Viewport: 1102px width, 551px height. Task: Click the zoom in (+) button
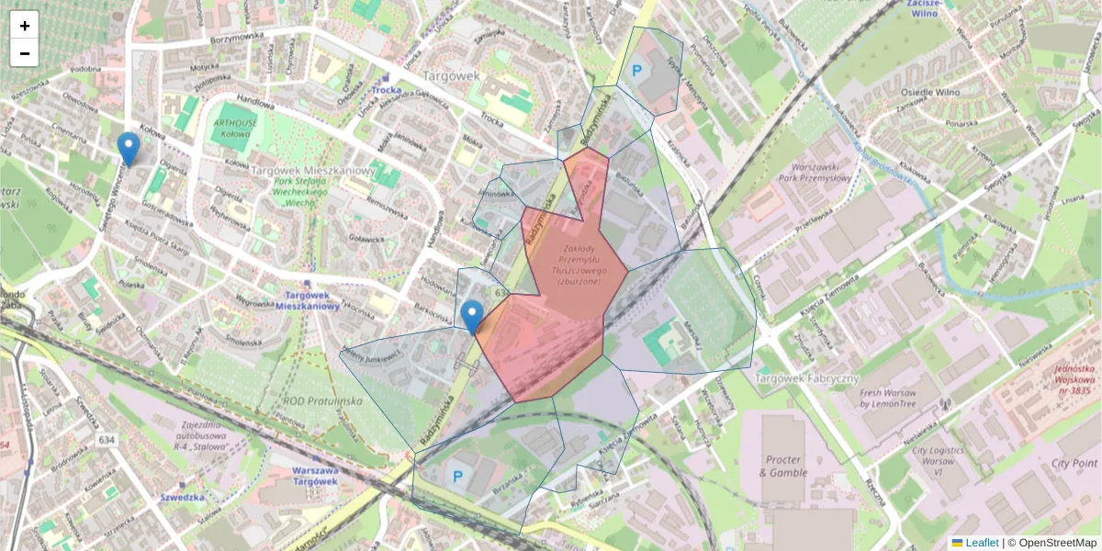(24, 26)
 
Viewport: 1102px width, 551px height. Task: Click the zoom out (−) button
(24, 53)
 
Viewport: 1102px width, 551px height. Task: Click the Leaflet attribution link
(981, 543)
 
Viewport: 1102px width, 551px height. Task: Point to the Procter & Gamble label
(782, 466)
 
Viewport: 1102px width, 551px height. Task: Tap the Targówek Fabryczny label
(806, 378)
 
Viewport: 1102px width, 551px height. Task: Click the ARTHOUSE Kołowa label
(234, 128)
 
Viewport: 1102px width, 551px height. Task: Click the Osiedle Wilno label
(931, 92)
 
